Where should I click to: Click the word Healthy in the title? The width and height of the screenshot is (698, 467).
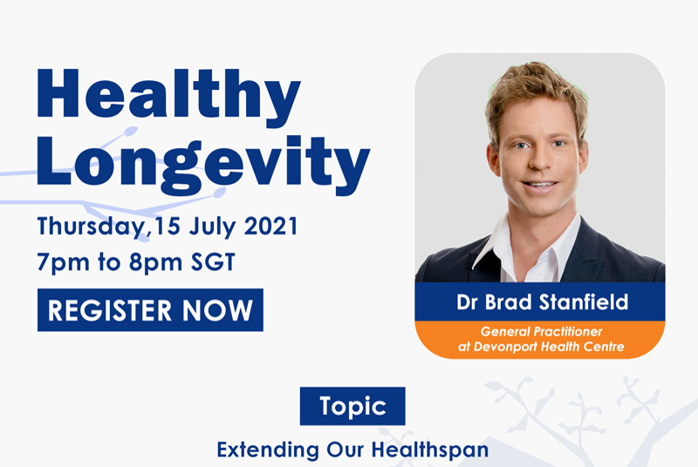(x=168, y=93)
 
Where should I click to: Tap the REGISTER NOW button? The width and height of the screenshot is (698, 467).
(x=150, y=310)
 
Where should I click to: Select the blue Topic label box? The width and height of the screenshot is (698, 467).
(x=352, y=406)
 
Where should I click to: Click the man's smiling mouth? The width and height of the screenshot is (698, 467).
(x=539, y=185)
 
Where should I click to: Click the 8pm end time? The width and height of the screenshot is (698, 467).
(x=143, y=261)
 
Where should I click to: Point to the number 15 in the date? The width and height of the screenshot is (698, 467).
(x=167, y=227)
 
